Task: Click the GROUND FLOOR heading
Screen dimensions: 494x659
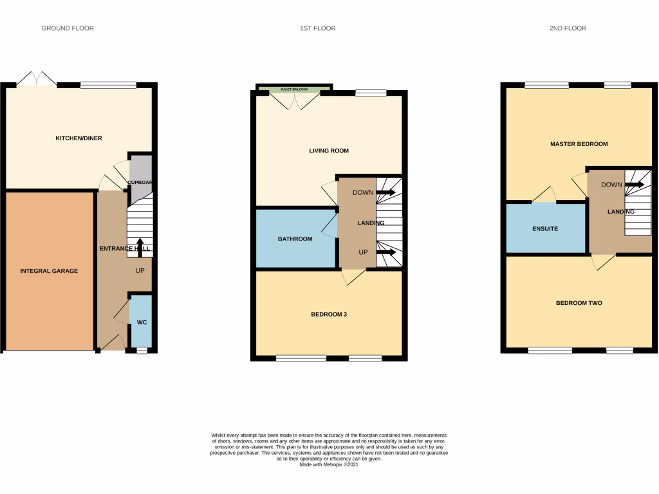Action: [x=68, y=28]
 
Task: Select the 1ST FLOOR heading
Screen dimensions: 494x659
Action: [x=318, y=28]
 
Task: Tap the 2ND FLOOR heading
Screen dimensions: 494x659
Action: [x=568, y=28]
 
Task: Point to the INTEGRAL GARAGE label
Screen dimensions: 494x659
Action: [x=49, y=271]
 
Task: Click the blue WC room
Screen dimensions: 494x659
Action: [x=142, y=322]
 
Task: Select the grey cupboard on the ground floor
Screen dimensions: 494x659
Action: [x=141, y=175]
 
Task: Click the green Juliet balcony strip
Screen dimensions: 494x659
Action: [x=294, y=89]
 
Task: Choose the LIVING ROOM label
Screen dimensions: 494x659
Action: [x=329, y=151]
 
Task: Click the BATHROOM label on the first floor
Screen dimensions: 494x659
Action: [x=295, y=239]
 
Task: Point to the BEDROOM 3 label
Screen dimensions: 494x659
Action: [x=329, y=315]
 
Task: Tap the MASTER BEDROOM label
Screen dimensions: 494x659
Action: [x=579, y=144]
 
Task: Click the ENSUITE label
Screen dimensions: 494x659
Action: [x=545, y=228]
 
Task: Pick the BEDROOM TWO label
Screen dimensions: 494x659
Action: [x=579, y=302]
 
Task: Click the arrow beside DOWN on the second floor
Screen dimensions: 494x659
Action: [x=635, y=185]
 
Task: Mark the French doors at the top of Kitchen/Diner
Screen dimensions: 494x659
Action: [x=37, y=79]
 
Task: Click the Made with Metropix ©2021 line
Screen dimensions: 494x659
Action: [x=329, y=464]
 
